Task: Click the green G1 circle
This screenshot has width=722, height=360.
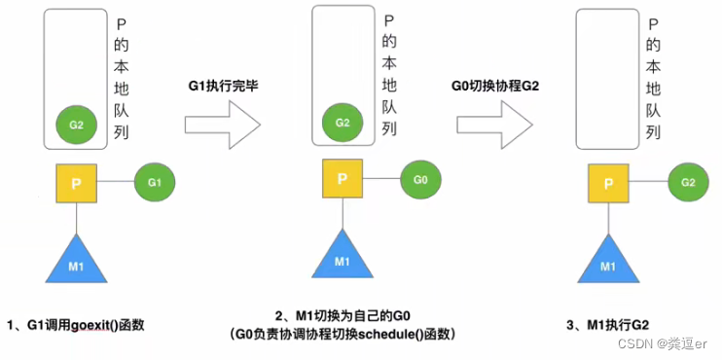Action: click(153, 182)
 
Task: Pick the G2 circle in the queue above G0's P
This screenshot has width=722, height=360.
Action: click(342, 123)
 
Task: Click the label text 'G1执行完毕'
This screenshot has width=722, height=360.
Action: click(223, 86)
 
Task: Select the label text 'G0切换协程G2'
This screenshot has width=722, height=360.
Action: click(494, 86)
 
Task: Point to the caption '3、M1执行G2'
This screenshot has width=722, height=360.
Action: click(609, 322)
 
